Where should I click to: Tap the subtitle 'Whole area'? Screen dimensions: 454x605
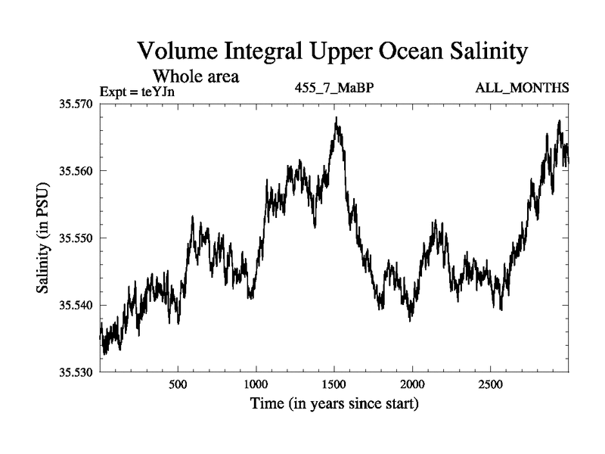pyautogui.click(x=196, y=76)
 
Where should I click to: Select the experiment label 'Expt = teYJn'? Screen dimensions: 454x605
pyautogui.click(x=142, y=93)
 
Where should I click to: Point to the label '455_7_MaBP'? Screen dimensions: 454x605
pyautogui.click(x=334, y=89)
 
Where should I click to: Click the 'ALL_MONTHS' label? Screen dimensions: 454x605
pyautogui.click(x=522, y=89)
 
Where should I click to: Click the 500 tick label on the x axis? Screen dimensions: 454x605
pyautogui.click(x=178, y=384)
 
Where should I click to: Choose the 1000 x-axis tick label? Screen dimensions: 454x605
pyautogui.click(x=256, y=384)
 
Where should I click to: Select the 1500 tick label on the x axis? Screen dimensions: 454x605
pyautogui.click(x=334, y=384)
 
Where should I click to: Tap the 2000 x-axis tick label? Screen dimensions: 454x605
pyautogui.click(x=412, y=384)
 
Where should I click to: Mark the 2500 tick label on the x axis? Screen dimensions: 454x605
pyautogui.click(x=491, y=384)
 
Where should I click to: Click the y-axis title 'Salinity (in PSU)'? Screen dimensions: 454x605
pyautogui.click(x=42, y=238)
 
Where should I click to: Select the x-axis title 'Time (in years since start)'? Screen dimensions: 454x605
pyautogui.click(x=334, y=404)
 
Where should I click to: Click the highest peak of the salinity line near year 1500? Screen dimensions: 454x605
pyautogui.click(x=337, y=118)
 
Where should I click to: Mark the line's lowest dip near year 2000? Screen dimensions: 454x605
pyautogui.click(x=410, y=320)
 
